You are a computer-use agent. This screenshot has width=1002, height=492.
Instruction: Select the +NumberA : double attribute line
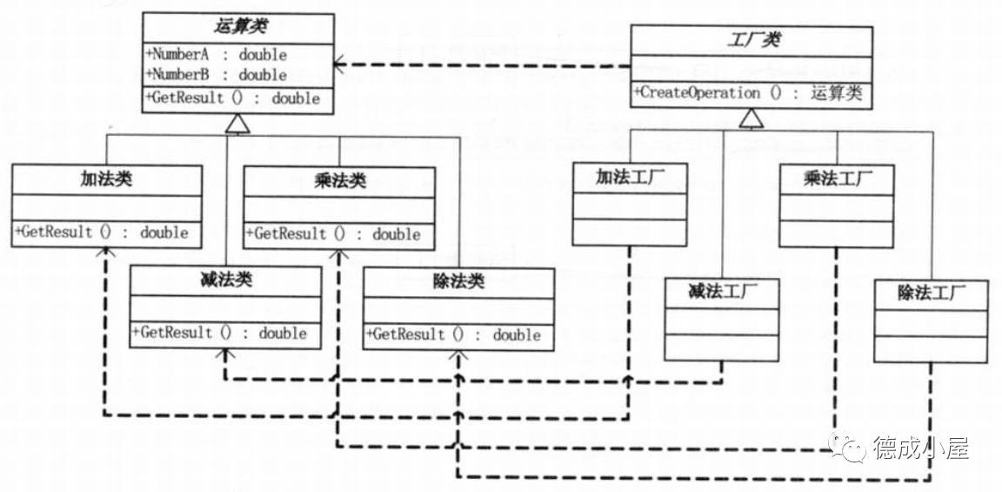coord(216,55)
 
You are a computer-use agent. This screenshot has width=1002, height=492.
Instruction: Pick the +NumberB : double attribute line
coord(216,75)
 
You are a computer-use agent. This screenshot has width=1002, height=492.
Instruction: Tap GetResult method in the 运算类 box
coord(233,98)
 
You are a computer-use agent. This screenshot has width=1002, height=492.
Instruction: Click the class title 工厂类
coord(751,40)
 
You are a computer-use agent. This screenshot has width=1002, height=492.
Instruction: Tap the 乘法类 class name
coord(338,181)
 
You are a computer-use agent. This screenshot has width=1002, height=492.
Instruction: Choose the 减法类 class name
coord(224,280)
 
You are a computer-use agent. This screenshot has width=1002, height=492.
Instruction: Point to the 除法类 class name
coord(458,282)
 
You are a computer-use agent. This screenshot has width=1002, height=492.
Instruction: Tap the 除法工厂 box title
coord(931,294)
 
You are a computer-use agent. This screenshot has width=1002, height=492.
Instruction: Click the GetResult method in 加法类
coord(102,233)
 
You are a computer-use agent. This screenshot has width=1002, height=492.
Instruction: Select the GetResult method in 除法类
coord(454,334)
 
